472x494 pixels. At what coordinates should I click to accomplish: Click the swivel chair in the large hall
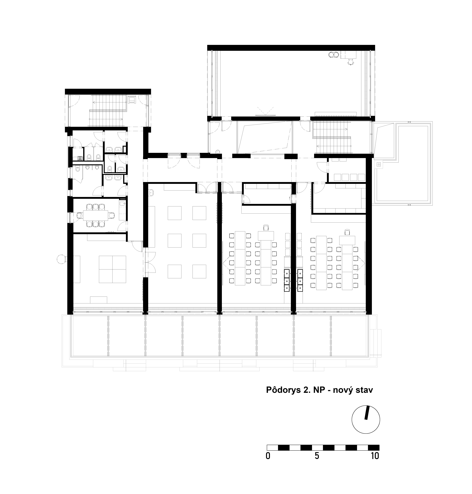[351, 62]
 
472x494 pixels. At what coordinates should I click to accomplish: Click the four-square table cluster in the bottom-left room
[112, 269]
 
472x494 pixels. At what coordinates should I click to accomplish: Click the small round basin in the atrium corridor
[218, 152]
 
